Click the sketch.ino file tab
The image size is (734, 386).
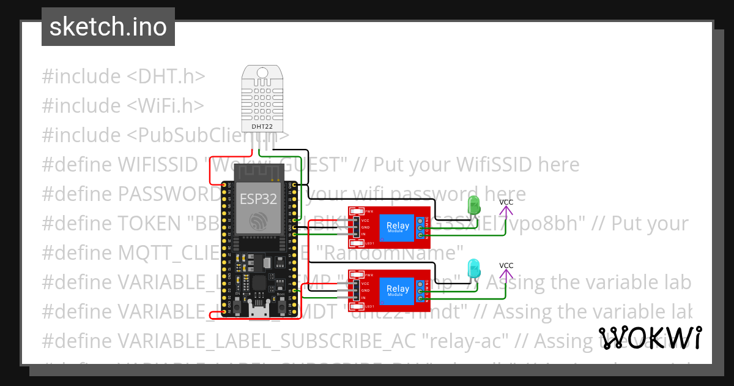[x=108, y=27]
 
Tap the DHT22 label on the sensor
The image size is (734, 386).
[x=262, y=127]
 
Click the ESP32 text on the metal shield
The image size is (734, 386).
[x=258, y=199]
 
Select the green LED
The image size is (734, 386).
[x=474, y=205]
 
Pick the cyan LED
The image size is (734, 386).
[x=474, y=268]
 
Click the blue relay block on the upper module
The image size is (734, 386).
[x=398, y=228]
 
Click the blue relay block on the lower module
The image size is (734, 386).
[x=398, y=290]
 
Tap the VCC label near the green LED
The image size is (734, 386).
[x=506, y=202]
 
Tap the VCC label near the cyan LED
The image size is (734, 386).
[x=506, y=265]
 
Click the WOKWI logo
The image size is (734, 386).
[x=650, y=338]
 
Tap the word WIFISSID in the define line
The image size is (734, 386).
[x=160, y=164]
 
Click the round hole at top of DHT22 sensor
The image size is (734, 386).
[x=262, y=73]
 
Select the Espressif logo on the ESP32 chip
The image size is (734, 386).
[x=258, y=221]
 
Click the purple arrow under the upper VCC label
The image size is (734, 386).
[x=506, y=212]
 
